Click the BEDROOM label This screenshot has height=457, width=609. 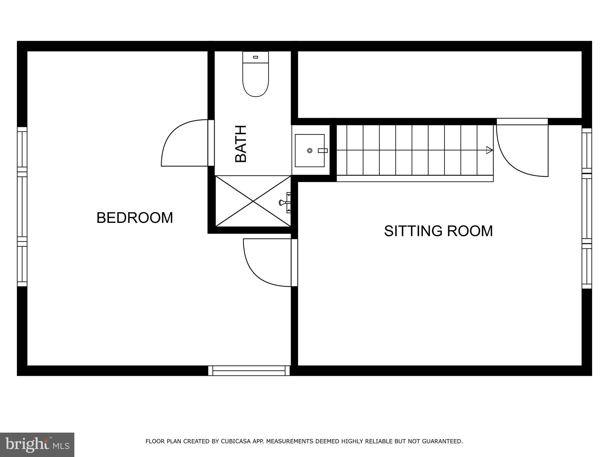click(x=135, y=218)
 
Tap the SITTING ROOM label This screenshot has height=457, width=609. click(x=438, y=231)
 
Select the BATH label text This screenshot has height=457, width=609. click(x=241, y=144)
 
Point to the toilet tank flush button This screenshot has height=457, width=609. click(x=255, y=57)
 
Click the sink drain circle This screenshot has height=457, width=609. click(x=310, y=151)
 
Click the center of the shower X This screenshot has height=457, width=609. click(x=253, y=201)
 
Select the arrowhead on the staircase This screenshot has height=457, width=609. click(x=489, y=150)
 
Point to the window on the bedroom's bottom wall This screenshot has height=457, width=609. click(x=249, y=371)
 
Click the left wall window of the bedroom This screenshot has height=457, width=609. click(x=22, y=206)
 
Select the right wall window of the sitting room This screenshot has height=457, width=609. click(x=587, y=208)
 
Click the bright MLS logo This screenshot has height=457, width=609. click(x=37, y=445)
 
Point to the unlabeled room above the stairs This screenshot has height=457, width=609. click(x=440, y=85)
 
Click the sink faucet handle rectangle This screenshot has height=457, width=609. click(x=323, y=151)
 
